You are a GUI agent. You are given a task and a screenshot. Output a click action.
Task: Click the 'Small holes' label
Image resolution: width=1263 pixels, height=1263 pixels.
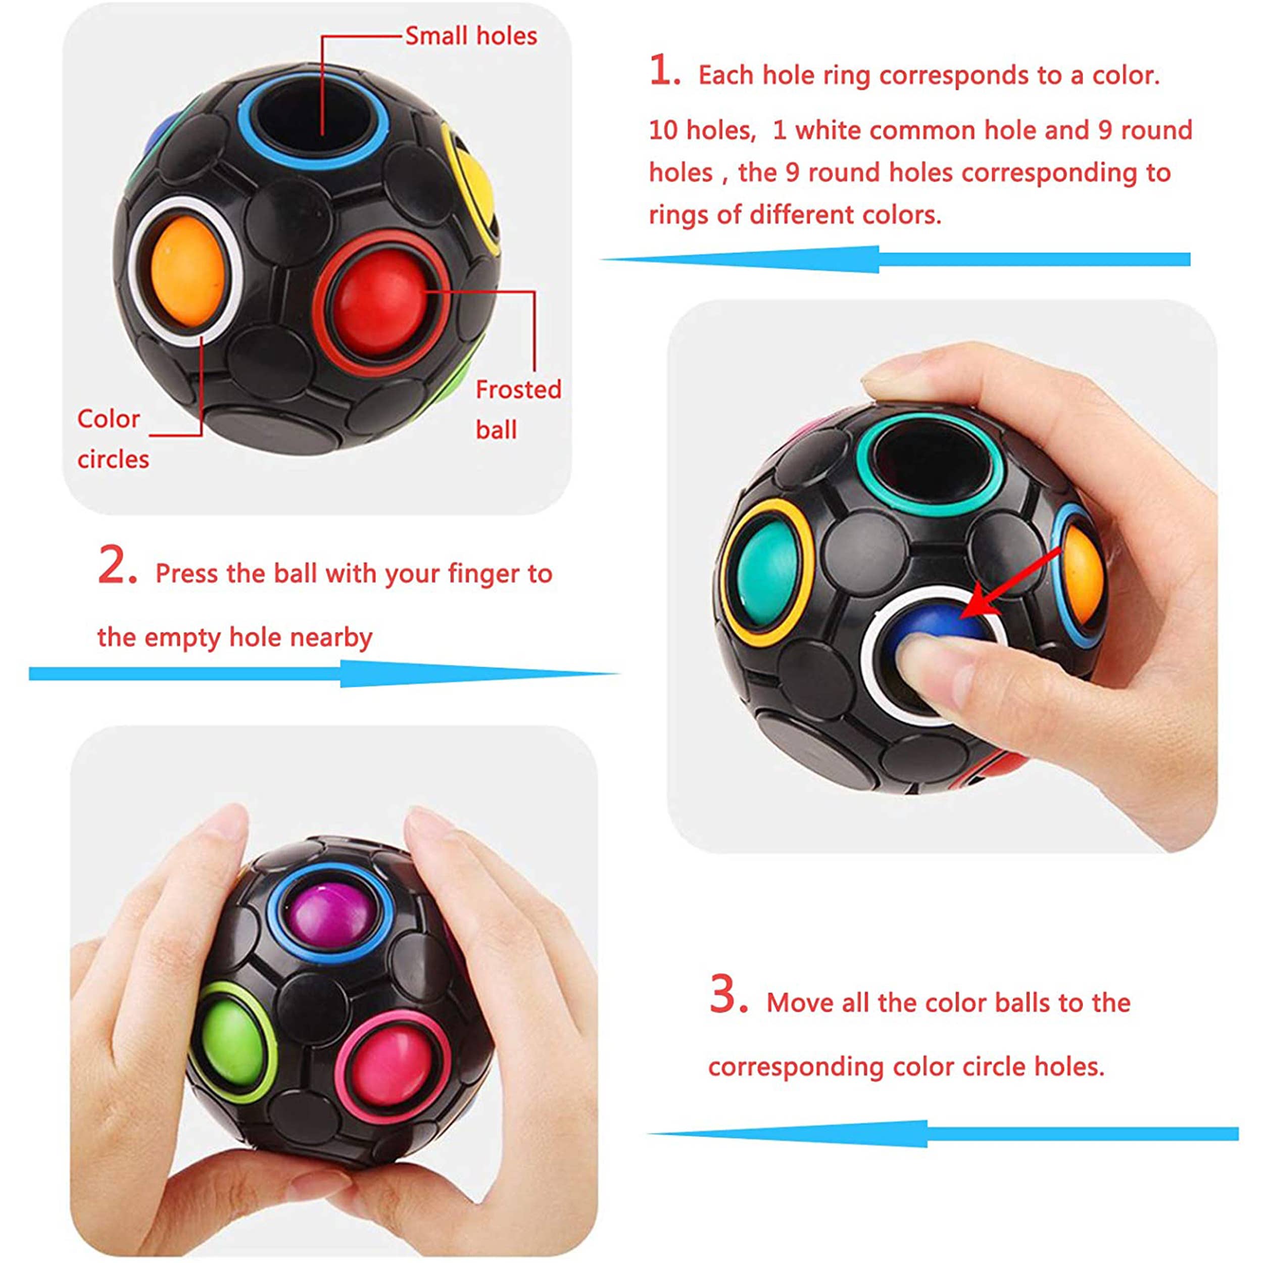point(471,36)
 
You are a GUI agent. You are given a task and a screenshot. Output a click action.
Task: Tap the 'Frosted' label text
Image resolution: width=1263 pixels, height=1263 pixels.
point(518,390)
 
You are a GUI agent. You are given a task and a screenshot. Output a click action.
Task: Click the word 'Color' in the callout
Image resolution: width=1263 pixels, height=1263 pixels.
point(109,419)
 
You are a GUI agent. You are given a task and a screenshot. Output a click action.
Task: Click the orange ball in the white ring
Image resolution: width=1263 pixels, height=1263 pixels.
point(187,271)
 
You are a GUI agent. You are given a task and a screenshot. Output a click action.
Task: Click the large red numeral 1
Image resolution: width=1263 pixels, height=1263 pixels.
point(664,70)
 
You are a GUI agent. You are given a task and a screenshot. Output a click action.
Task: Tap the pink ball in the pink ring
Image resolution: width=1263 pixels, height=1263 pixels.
point(391,1065)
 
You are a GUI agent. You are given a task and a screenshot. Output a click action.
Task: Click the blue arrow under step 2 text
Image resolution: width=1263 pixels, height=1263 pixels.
point(324,673)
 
